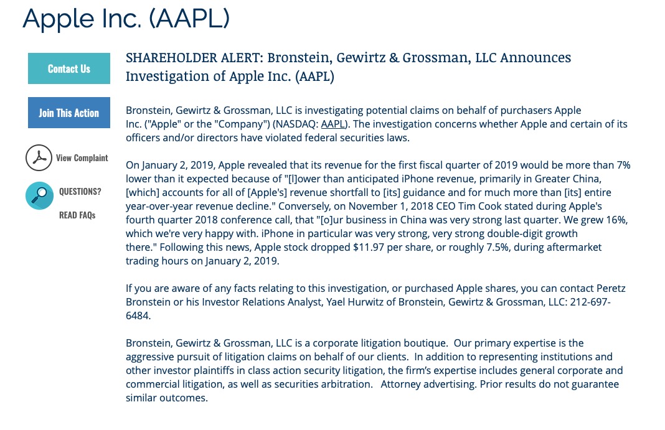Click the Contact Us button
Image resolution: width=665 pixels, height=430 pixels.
69,68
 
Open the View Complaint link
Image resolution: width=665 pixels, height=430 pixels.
82,158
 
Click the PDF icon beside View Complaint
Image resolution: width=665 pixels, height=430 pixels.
39,158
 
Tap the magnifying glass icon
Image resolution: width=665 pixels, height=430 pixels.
39,195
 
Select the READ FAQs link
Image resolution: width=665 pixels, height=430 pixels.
77,215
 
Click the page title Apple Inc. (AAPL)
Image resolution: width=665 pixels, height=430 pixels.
126,19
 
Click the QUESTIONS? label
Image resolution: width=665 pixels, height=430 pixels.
80,191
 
